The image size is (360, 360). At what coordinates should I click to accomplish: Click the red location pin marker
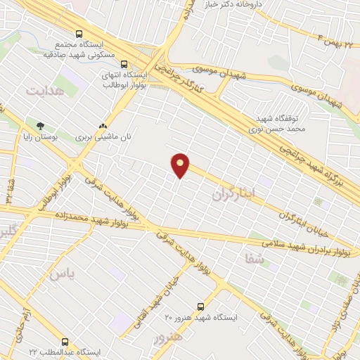click(181, 165)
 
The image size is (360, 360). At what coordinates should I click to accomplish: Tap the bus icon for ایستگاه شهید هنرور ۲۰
click(201, 307)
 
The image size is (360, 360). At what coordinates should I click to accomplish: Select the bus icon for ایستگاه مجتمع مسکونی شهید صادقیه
click(79, 33)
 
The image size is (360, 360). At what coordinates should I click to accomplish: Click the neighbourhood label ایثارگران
click(236, 191)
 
